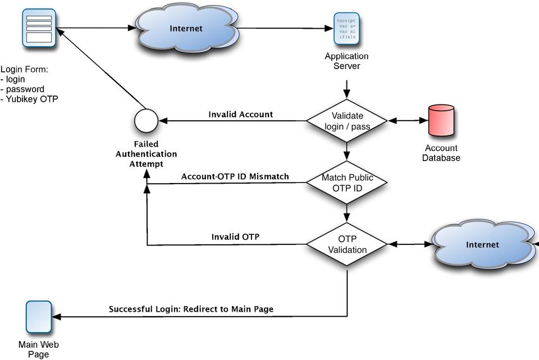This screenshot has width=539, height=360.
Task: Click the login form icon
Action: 39,28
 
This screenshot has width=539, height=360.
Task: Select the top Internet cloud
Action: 187,29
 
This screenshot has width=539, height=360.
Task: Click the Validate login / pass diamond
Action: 347,121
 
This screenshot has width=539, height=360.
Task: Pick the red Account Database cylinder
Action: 441,120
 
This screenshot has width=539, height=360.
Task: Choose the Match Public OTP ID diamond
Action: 347,183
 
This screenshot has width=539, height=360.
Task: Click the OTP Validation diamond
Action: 347,244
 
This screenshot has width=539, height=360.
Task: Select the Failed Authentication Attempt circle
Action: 147,120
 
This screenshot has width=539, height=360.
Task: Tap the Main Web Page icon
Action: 39,317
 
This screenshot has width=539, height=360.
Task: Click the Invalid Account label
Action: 240,115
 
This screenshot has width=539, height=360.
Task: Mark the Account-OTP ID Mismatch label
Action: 235,176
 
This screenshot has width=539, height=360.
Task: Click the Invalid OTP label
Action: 235,237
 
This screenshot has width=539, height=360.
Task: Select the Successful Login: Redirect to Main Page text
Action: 191,309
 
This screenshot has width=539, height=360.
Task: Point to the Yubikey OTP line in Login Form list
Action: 31,99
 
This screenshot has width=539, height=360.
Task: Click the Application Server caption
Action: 346,61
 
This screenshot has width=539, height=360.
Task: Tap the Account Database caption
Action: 441,153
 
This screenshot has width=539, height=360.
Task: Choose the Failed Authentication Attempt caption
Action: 146,154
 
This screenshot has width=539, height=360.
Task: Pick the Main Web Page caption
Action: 39,349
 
